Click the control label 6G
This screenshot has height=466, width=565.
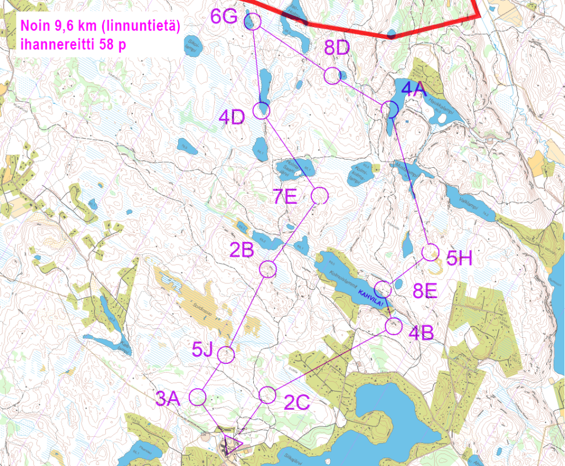[224, 17]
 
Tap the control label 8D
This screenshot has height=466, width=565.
[337, 49]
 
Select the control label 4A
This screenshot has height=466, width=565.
[414, 88]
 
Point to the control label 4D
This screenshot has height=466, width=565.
[232, 118]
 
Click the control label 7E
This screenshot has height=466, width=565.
[285, 197]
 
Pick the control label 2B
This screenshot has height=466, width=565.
[242, 250]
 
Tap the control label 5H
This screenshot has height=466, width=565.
[459, 257]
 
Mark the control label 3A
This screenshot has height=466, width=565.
[167, 399]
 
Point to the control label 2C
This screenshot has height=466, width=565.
[297, 403]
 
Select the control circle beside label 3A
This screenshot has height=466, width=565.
[198, 396]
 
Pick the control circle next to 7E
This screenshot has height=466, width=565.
[319, 195]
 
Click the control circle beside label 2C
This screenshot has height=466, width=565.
[267, 394]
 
